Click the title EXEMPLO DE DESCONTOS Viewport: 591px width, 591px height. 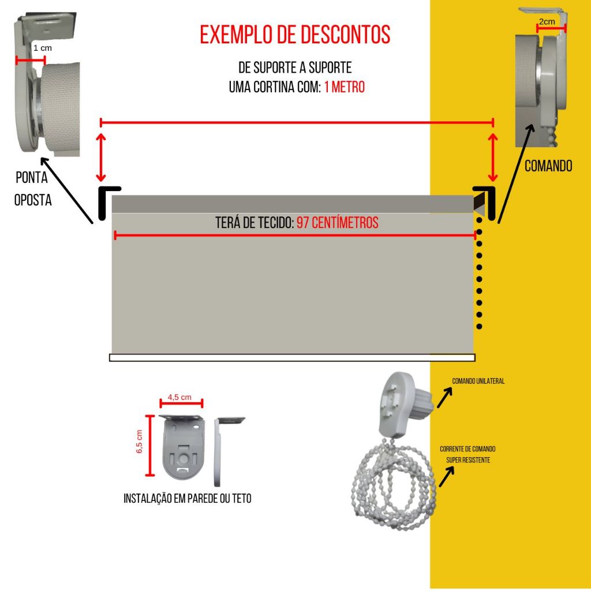[x=295, y=35]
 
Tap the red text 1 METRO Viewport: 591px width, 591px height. [x=344, y=88]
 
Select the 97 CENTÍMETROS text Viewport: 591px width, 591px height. [x=338, y=223]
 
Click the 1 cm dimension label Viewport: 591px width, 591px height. [x=43, y=48]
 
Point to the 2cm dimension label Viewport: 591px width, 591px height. [x=547, y=22]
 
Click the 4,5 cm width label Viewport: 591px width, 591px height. [x=179, y=397]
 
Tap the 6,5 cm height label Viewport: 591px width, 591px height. [x=140, y=442]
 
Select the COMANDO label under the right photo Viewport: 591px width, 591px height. [x=548, y=166]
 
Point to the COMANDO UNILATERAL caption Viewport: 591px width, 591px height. [x=478, y=381]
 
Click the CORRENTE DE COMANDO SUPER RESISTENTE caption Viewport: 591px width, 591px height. [x=467, y=454]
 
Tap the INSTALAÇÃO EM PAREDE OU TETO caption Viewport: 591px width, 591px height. [x=188, y=498]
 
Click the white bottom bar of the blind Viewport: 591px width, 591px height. [x=292, y=357]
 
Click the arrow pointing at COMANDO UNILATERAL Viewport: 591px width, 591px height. [x=444, y=397]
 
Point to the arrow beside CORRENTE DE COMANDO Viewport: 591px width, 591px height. [x=446, y=476]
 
